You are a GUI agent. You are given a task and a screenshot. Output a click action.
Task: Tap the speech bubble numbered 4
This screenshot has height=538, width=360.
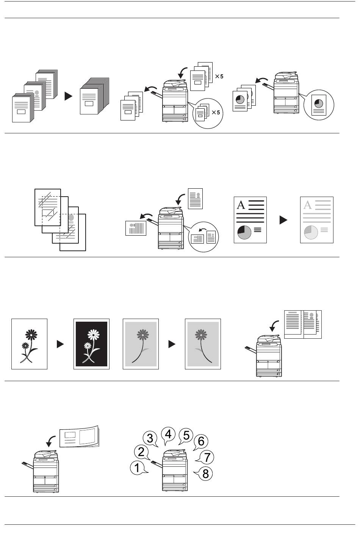pyautogui.click(x=168, y=435)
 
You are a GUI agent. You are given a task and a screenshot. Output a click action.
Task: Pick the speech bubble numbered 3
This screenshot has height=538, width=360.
pyautogui.click(x=150, y=438)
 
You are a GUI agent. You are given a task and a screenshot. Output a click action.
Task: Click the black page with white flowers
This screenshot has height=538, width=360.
pyautogui.click(x=91, y=344)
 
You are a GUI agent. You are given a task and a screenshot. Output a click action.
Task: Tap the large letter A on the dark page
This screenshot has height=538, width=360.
pyautogui.click(x=241, y=205)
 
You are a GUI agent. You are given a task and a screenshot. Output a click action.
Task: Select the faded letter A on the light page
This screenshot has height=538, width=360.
pyautogui.click(x=307, y=205)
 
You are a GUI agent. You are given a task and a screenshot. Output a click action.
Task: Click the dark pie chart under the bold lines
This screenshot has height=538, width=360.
pyautogui.click(x=244, y=232)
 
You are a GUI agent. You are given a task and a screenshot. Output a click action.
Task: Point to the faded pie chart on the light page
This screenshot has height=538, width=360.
pyautogui.click(x=311, y=232)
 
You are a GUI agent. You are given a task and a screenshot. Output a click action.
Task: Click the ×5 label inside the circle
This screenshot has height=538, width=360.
pyautogui.click(x=216, y=113)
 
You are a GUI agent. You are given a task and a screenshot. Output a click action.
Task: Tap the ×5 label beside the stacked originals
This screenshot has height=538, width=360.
pyautogui.click(x=219, y=77)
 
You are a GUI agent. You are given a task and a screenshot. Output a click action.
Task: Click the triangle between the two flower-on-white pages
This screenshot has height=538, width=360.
pyautogui.click(x=60, y=344)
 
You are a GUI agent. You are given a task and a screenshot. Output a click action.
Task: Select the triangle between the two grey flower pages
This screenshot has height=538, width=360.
pyautogui.click(x=172, y=344)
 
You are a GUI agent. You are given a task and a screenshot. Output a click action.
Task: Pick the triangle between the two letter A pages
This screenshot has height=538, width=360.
pyautogui.click(x=283, y=220)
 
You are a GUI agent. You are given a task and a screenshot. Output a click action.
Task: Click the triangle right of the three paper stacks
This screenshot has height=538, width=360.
pyautogui.click(x=69, y=96)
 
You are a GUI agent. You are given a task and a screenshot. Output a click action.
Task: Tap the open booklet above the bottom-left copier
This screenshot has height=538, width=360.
pyautogui.click(x=79, y=437)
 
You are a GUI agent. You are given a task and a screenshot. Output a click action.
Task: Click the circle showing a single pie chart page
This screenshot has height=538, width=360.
pyautogui.click(x=319, y=105)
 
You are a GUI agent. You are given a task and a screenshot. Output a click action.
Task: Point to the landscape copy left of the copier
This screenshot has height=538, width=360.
pyautogui.click(x=136, y=228)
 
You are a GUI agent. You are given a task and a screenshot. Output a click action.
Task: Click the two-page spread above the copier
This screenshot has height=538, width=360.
pyautogui.click(x=303, y=324)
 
